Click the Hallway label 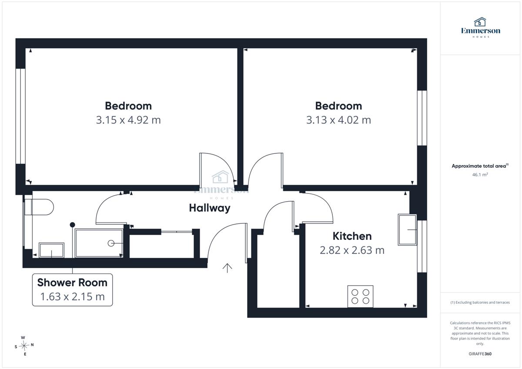(x=210, y=208)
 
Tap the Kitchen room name (x=352, y=236)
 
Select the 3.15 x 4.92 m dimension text (x=128, y=120)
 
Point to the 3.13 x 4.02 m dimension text (x=338, y=120)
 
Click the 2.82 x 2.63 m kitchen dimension (x=352, y=250)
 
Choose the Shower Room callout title (x=72, y=283)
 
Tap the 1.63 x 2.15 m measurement (x=72, y=296)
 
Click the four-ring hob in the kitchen (x=360, y=296)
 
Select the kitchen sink (x=407, y=230)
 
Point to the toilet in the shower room (x=39, y=207)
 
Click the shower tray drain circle (x=111, y=243)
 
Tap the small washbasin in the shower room (x=51, y=250)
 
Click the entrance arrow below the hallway (x=227, y=268)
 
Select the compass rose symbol (x=24, y=346)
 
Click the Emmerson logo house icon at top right (x=480, y=22)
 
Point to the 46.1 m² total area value (x=480, y=175)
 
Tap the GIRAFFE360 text (x=480, y=354)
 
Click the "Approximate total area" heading (x=480, y=166)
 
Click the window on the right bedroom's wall (x=422, y=118)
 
